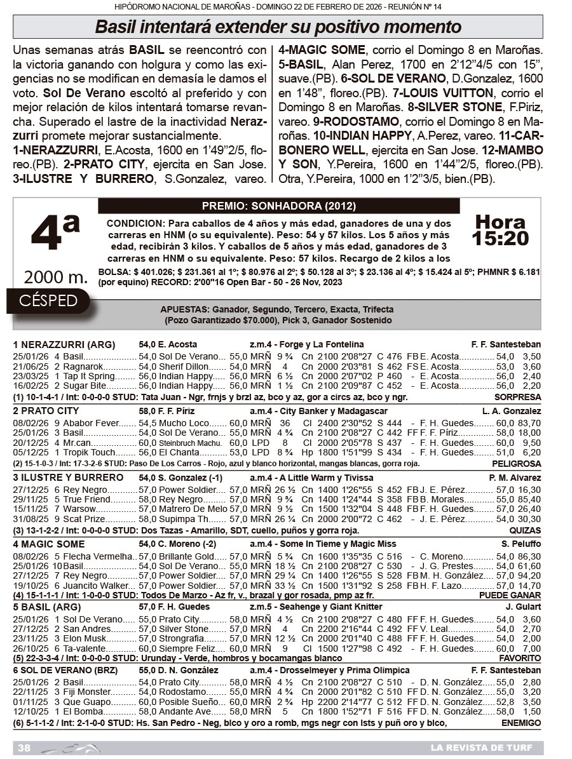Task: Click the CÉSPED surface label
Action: coord(48,300)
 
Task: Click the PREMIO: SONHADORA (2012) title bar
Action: coord(278,206)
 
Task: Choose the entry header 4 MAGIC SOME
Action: coord(48,544)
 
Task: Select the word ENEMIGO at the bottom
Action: coord(521,723)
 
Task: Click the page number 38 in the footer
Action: coord(25,748)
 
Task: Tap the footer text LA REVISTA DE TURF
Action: coord(481,748)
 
